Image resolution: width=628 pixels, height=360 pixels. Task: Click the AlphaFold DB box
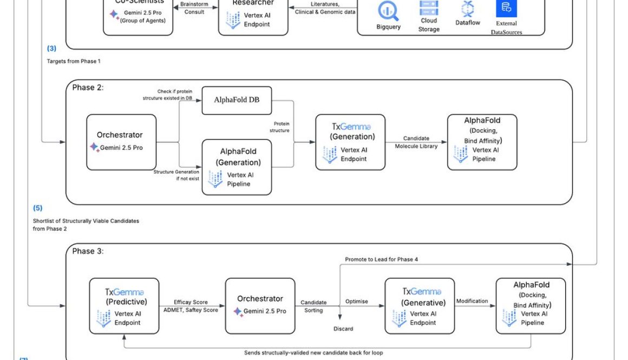point(237,100)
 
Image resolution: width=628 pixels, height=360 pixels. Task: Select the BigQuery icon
point(388,11)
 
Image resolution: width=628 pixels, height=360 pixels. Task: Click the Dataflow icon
point(467,9)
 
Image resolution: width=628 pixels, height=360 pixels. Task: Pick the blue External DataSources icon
point(506,8)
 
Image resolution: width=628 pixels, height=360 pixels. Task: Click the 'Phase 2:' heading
point(87,87)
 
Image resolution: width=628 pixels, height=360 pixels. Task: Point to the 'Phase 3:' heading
point(87,251)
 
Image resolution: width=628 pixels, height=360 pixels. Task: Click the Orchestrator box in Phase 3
point(260,305)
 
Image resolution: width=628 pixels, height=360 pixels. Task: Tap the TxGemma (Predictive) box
point(124,306)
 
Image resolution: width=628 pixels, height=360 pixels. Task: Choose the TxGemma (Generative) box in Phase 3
point(420,306)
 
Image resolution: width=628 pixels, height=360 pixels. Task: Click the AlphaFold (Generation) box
point(237,167)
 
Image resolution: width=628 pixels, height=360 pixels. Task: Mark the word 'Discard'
point(343,329)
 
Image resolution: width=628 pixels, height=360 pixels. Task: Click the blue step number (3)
point(51,49)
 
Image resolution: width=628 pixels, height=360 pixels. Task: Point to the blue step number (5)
point(37,208)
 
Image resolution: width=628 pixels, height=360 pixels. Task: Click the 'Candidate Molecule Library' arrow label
point(416,142)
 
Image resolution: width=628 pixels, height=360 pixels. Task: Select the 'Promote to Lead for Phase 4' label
point(381,259)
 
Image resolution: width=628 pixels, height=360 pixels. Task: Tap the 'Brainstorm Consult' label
point(194,8)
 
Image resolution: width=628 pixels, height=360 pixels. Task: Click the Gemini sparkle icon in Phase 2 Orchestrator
point(94,147)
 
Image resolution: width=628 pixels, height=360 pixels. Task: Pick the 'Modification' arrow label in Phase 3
point(472,300)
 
